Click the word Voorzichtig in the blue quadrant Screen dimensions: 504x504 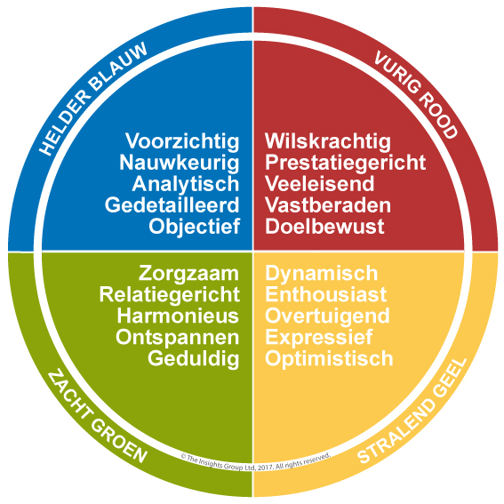pos(182,141)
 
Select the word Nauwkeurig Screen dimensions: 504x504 pos(180,163)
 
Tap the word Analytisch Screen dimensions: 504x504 pos(186,184)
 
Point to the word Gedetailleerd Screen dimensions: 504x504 pos(172,205)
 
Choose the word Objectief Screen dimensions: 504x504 pos(195,227)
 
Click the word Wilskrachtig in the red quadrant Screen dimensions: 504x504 pos(328,141)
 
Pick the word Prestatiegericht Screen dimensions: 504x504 pos(345,163)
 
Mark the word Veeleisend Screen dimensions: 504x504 pos(319,183)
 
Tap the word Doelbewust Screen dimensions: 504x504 pos(324,227)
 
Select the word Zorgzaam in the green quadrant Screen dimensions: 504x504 pos(188,274)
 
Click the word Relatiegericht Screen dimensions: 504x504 pos(170,295)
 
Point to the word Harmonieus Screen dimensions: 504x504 pos(178,316)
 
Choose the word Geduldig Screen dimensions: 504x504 pos(194,359)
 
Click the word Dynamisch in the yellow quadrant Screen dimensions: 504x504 pos(321,274)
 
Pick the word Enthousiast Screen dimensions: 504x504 pos(325,294)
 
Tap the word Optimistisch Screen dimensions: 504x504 pos(329,359)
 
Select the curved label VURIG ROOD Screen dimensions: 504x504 pos(415,94)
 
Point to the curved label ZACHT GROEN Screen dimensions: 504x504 pos(96,418)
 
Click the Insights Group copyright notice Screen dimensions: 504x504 pos(256,462)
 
